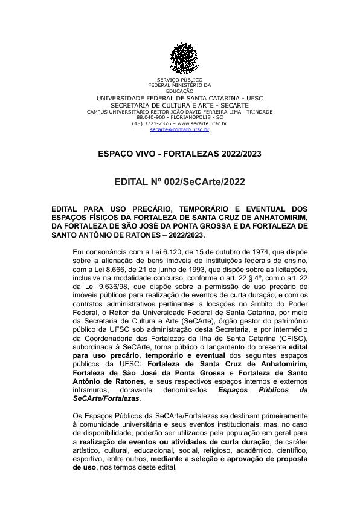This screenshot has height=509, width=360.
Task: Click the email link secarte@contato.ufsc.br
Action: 180,129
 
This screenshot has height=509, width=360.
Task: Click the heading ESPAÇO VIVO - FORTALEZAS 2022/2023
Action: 179,154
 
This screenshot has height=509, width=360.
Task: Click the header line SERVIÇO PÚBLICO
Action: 180,80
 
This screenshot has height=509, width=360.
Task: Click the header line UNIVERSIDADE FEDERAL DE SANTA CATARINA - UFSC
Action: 180,98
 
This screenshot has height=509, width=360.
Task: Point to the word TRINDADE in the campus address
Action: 258,111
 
